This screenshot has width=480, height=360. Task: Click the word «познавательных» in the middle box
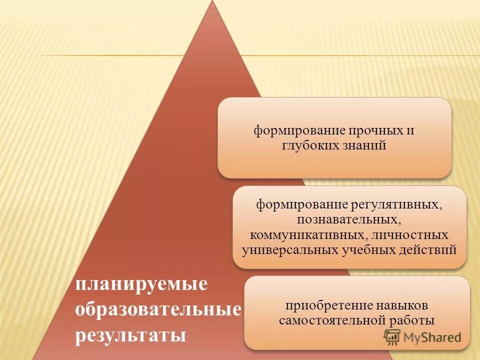click(348, 219)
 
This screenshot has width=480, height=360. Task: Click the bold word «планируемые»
click(141, 285)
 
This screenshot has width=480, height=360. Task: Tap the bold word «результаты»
click(130, 334)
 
